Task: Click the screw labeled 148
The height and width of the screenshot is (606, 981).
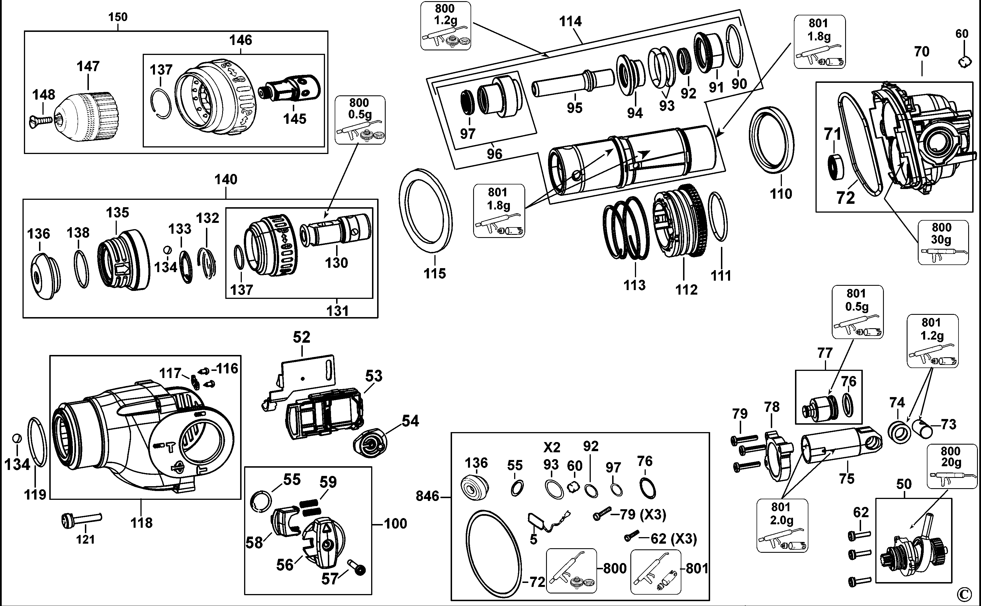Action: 41,120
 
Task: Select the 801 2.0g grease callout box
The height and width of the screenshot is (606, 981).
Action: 781,525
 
